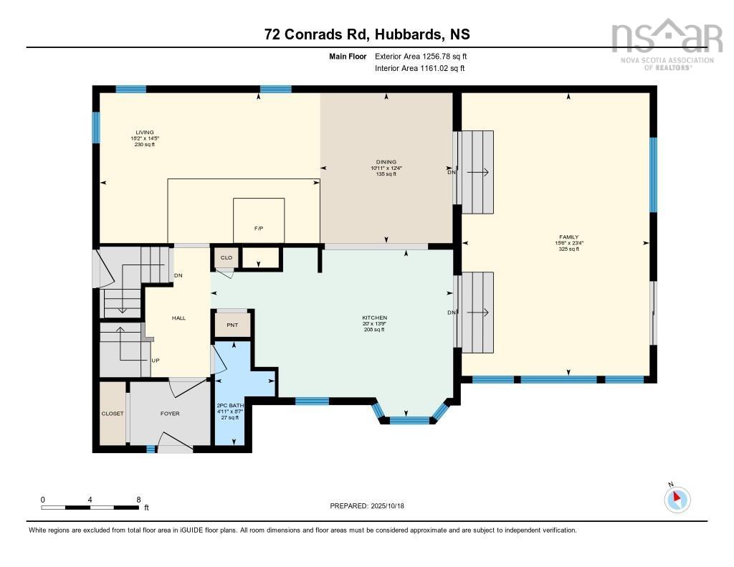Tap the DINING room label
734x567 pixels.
(x=386, y=162)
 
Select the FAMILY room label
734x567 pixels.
(x=568, y=237)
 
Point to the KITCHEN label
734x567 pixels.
(x=374, y=318)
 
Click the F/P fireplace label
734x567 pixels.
(x=259, y=228)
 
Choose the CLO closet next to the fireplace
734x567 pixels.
(x=226, y=257)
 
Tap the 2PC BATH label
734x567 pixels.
(x=230, y=406)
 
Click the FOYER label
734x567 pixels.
(x=170, y=414)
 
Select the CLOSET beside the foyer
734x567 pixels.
(x=113, y=414)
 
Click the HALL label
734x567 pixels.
(x=178, y=318)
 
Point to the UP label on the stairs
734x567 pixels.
(x=155, y=360)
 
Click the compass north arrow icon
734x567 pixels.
(x=677, y=498)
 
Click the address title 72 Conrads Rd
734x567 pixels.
(x=366, y=34)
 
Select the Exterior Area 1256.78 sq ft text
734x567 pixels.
(x=420, y=56)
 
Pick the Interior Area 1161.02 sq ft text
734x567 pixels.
(x=419, y=69)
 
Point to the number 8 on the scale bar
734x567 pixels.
(x=138, y=499)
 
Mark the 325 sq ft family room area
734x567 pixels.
(x=568, y=249)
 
